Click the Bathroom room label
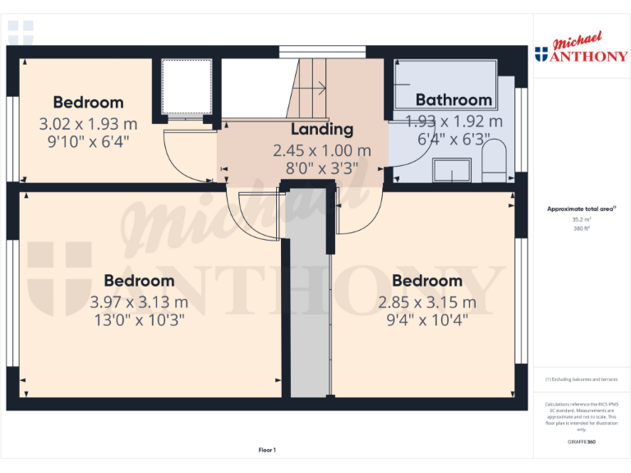(454, 100)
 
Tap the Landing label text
(322, 129)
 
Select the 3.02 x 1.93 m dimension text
(88, 124)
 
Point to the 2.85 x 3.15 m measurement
(426, 302)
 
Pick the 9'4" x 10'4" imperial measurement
(426, 320)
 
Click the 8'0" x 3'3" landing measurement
(322, 168)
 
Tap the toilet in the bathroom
(494, 159)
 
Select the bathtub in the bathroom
(444, 85)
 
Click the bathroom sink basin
(451, 171)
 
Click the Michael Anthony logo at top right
(581, 49)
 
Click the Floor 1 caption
(267, 450)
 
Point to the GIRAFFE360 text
(581, 442)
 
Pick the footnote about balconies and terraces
(581, 379)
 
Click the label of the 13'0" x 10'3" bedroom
(139, 281)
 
